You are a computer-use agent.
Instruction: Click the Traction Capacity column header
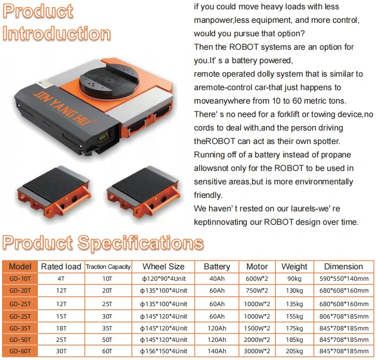(x=108, y=267)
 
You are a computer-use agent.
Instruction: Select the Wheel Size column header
(x=163, y=267)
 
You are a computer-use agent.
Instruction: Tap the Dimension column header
(x=343, y=267)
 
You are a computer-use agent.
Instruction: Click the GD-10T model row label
(x=20, y=279)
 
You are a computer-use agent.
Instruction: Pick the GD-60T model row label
(x=20, y=351)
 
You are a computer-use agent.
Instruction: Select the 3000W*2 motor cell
(x=257, y=351)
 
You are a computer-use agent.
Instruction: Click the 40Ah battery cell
(x=217, y=279)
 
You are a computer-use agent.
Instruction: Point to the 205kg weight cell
(x=294, y=351)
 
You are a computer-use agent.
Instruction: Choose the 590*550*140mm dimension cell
(x=344, y=279)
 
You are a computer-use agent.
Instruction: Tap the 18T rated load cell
(x=61, y=328)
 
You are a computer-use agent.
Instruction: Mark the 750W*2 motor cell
(x=257, y=291)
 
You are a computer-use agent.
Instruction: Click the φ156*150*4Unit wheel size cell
(x=163, y=351)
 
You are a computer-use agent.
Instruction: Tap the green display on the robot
(x=104, y=137)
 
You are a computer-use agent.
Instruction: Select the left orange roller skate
(x=54, y=191)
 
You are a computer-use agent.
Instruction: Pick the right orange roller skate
(x=143, y=191)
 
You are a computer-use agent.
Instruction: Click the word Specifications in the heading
(x=141, y=242)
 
